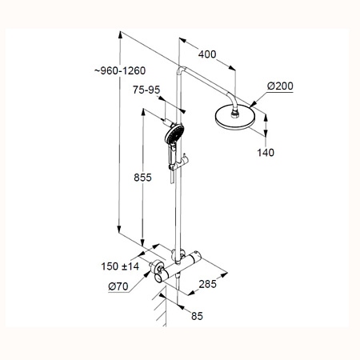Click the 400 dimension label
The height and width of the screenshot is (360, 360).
[x=207, y=54]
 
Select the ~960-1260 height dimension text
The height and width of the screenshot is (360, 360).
[x=120, y=70]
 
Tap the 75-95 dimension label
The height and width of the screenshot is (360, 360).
[x=146, y=90]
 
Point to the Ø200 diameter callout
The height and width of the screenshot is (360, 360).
[x=280, y=86]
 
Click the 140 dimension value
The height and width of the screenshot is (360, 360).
[x=266, y=153]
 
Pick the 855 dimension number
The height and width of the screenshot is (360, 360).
[x=142, y=178]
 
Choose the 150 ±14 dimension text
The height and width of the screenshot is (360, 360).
[x=120, y=266]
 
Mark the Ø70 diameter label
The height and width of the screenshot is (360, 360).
[x=118, y=286]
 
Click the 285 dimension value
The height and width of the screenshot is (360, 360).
[x=207, y=284]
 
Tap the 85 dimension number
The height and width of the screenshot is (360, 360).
[x=197, y=316]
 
